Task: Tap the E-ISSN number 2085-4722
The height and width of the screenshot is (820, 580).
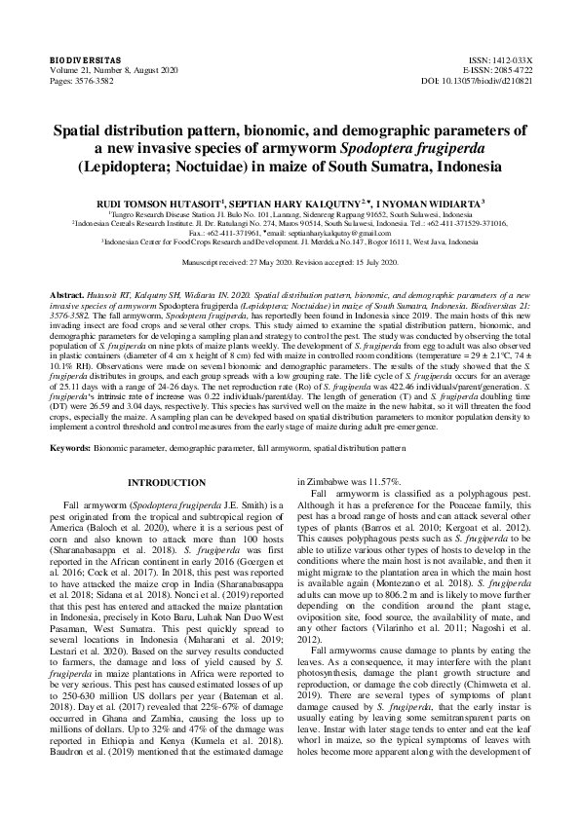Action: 510,71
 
